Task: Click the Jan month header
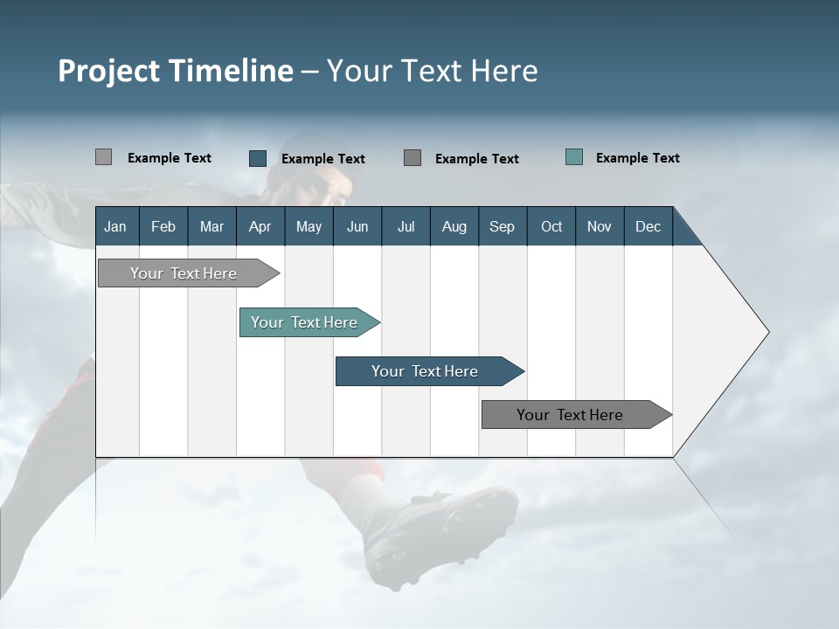click(x=115, y=226)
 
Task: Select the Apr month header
click(x=260, y=226)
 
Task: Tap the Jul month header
click(x=406, y=226)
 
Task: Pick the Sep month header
click(x=502, y=226)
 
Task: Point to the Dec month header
click(x=648, y=226)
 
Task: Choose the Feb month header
click(x=163, y=226)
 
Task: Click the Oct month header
click(x=551, y=226)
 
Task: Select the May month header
click(x=309, y=226)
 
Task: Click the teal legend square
click(x=574, y=157)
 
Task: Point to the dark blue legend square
click(x=258, y=158)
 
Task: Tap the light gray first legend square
click(x=103, y=157)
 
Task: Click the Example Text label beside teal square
click(x=637, y=157)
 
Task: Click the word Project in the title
click(x=108, y=71)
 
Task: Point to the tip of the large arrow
click(x=767, y=332)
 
